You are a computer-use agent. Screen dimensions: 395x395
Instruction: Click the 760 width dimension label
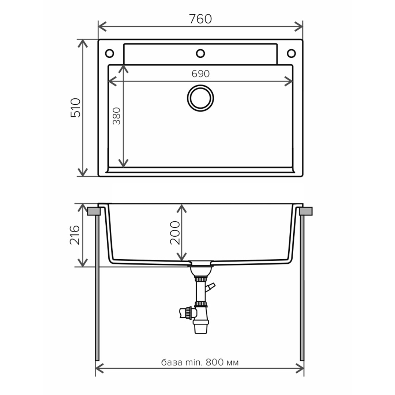[200, 19]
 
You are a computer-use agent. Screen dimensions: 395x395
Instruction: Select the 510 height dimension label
[76, 108]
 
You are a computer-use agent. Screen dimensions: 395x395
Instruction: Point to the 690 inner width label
[200, 74]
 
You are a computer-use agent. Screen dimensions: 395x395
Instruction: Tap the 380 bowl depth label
[117, 116]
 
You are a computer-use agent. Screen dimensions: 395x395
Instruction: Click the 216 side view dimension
[75, 235]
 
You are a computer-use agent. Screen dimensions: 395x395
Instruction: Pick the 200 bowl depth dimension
[175, 233]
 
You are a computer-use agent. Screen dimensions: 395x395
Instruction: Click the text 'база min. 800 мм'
[200, 362]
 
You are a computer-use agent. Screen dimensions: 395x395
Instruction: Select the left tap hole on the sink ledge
[110, 53]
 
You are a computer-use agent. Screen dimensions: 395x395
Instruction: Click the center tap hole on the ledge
[200, 53]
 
